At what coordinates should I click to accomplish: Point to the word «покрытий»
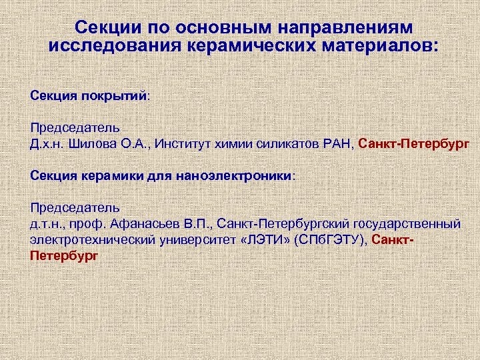click(115, 95)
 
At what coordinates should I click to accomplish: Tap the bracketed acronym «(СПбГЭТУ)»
click(330, 239)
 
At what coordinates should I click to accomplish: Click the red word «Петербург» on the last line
click(64, 255)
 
